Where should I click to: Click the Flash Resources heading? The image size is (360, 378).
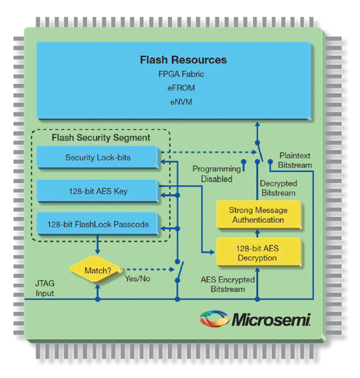pyautogui.click(x=184, y=60)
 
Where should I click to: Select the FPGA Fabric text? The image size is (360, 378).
pyautogui.click(x=181, y=74)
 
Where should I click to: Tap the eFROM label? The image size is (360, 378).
pyautogui.click(x=181, y=88)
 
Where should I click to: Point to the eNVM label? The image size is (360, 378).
pyautogui.click(x=181, y=102)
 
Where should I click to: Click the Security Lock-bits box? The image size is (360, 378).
pyautogui.click(x=97, y=157)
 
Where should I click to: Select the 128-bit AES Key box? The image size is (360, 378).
pyautogui.click(x=97, y=191)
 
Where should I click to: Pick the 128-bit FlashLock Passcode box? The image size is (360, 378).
pyautogui.click(x=97, y=224)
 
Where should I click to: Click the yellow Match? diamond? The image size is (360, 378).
pyautogui.click(x=96, y=270)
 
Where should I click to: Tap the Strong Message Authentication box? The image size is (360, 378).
pyautogui.click(x=259, y=215)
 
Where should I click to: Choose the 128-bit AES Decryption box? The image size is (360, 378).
pyautogui.click(x=259, y=253)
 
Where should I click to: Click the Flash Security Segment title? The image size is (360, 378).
pyautogui.click(x=101, y=138)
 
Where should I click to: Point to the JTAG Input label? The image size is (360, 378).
pyautogui.click(x=45, y=288)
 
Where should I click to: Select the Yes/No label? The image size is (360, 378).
pyautogui.click(x=138, y=279)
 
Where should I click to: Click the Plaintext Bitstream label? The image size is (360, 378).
pyautogui.click(x=294, y=160)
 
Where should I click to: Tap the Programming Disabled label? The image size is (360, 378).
pyautogui.click(x=217, y=174)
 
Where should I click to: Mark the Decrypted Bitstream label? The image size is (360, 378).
pyautogui.click(x=278, y=188)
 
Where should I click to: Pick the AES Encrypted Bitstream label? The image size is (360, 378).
pyautogui.click(x=228, y=284)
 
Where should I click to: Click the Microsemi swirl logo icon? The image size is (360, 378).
pyautogui.click(x=214, y=319)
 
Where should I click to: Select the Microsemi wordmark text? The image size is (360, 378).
pyautogui.click(x=271, y=320)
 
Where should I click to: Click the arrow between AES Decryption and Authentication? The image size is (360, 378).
pyautogui.click(x=258, y=233)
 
